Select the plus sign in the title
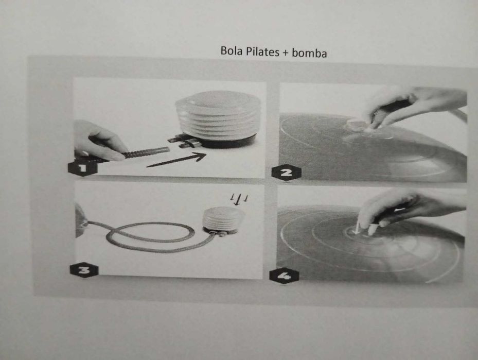point(285,53)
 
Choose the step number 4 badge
point(284,275)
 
